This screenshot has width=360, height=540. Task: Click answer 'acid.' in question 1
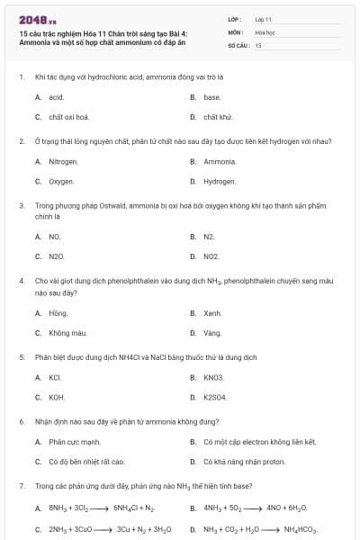tap(56, 97)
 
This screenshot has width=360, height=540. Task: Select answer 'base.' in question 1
tap(211, 97)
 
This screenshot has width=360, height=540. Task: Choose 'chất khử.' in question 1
tap(218, 117)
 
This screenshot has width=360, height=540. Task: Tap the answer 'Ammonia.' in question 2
tap(220, 162)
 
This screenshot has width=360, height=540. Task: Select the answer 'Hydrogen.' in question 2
tap(220, 182)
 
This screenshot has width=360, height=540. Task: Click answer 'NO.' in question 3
tap(55, 237)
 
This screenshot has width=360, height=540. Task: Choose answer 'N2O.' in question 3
tap(57, 256)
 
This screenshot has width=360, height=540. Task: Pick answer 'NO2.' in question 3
tap(211, 256)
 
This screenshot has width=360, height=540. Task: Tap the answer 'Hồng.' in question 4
tap(58, 313)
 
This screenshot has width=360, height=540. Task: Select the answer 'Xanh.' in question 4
tap(212, 313)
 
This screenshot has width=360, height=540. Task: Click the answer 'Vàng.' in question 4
tap(212, 333)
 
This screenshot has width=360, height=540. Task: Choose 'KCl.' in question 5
tap(55, 377)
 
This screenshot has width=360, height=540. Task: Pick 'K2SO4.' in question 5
tap(215, 397)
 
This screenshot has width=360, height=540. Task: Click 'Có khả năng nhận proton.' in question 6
tap(244, 462)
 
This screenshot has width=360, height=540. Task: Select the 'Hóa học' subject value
tap(265, 31)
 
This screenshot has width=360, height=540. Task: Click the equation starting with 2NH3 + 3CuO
tap(99, 529)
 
